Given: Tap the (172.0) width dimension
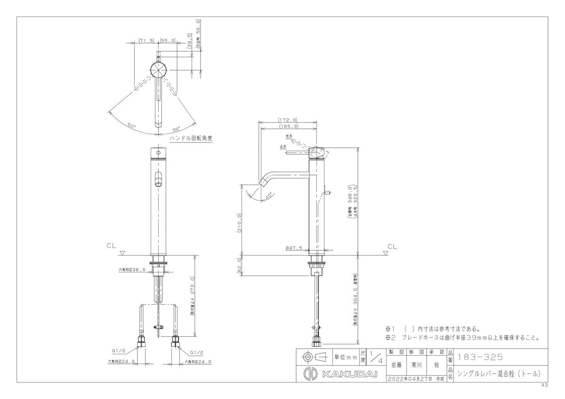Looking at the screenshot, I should click(x=288, y=120).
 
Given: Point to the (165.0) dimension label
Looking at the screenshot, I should click(x=288, y=126).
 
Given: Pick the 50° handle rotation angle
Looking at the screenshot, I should click(x=131, y=126).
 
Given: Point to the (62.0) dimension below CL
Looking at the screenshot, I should click(x=240, y=265).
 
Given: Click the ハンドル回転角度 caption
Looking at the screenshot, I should click(x=192, y=139).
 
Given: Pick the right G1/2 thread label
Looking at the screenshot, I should click(x=197, y=352).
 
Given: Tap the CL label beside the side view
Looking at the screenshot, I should click(x=392, y=246).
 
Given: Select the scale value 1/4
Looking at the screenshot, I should click(x=375, y=357).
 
